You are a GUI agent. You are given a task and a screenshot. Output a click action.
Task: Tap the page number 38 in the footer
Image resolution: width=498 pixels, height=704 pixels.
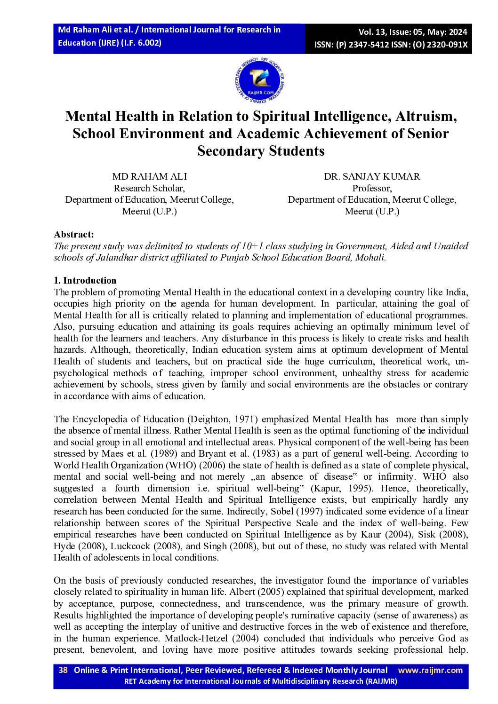coord(63,670)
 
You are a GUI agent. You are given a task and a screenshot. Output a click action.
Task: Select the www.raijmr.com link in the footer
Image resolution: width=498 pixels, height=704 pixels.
coord(430,670)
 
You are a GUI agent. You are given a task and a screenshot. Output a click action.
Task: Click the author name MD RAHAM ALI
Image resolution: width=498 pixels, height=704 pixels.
coord(149,176)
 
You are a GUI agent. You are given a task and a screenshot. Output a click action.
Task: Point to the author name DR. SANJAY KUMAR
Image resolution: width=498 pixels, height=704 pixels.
coord(372,176)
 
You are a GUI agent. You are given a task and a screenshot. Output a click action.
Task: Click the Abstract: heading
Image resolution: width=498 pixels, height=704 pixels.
coord(74,234)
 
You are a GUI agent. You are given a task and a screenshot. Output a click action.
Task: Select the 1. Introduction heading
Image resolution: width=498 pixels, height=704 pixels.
coord(85,280)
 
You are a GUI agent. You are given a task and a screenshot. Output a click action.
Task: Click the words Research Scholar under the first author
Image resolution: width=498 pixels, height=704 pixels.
coord(149,188)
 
